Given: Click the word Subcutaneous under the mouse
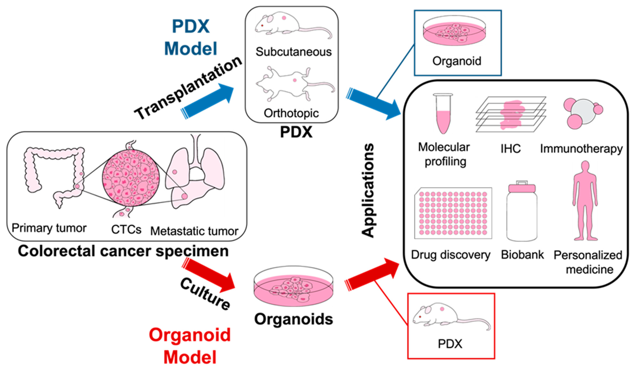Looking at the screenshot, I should click(293, 52).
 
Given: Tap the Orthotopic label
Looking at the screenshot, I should click(291, 113).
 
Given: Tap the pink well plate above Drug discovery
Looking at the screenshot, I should click(453, 213).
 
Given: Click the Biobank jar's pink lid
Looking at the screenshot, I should click(522, 188).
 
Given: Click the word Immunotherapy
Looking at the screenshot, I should click(581, 149).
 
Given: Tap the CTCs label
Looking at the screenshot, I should click(126, 229).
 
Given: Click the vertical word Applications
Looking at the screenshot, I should click(368, 190).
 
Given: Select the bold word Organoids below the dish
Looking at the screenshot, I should click(294, 319).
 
